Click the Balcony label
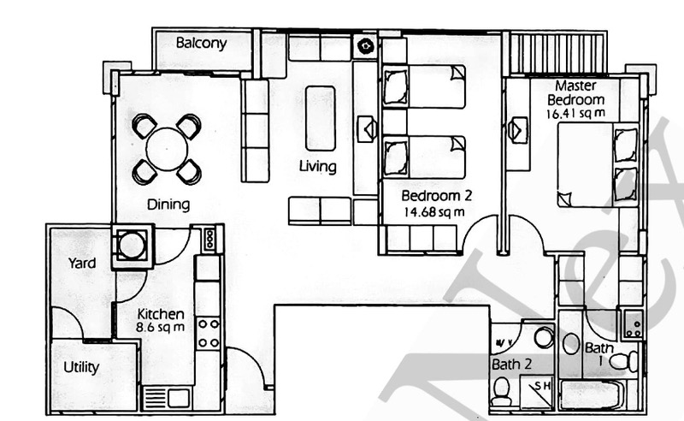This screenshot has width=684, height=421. (x=201, y=43)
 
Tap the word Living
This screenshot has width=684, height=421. (x=317, y=166)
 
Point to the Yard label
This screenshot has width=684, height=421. (x=83, y=263)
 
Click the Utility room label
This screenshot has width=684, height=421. (x=82, y=368)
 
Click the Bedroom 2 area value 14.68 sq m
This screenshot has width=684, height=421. (x=435, y=211)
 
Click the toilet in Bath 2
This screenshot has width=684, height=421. (x=502, y=393)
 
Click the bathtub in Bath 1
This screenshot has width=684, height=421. (x=592, y=396)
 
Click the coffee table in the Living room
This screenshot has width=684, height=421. (x=320, y=117)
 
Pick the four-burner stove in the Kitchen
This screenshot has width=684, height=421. (x=209, y=332)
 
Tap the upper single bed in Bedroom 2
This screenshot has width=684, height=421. (x=424, y=87)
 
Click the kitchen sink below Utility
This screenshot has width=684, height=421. (x=165, y=398)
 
